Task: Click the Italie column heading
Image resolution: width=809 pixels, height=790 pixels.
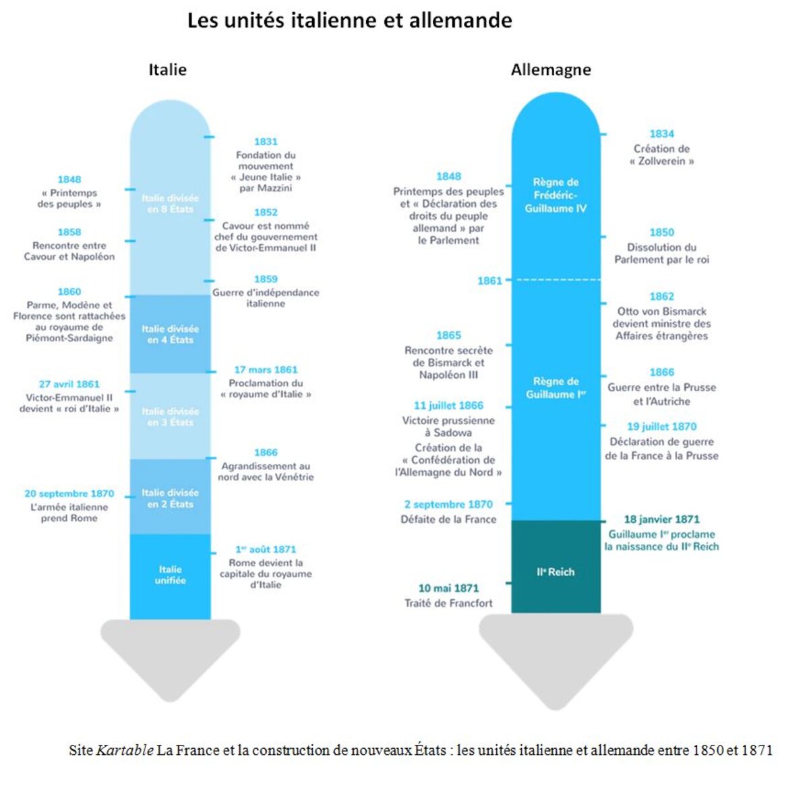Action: coord(167,69)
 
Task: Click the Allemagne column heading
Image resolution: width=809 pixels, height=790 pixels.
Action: coord(551,69)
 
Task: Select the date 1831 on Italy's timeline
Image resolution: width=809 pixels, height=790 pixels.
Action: coord(266,142)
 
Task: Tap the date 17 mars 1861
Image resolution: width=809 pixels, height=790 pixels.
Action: coord(266,370)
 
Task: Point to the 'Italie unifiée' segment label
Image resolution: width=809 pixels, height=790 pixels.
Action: coord(170,575)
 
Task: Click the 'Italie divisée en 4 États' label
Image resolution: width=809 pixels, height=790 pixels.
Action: coord(170,334)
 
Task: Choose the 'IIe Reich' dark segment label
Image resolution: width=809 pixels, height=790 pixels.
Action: coord(556,572)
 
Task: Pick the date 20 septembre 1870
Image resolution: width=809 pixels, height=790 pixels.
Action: coord(69,494)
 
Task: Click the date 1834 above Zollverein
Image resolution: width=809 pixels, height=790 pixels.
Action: coord(661,134)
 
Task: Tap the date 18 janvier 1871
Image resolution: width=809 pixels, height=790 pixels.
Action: coord(661,519)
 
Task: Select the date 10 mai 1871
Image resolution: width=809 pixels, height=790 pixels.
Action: coord(448,588)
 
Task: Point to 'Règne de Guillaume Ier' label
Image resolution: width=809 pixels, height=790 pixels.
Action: coord(556,388)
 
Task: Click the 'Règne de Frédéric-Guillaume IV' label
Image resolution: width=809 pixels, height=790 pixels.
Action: coord(556,195)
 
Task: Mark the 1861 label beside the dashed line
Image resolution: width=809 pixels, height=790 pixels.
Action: coord(489,281)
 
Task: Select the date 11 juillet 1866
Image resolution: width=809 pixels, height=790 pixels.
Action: coord(448,405)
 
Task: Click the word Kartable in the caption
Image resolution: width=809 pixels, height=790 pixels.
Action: coord(125,750)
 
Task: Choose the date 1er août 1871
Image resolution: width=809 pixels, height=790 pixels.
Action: coord(266,549)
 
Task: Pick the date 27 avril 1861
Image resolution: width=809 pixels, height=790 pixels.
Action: coord(69,384)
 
